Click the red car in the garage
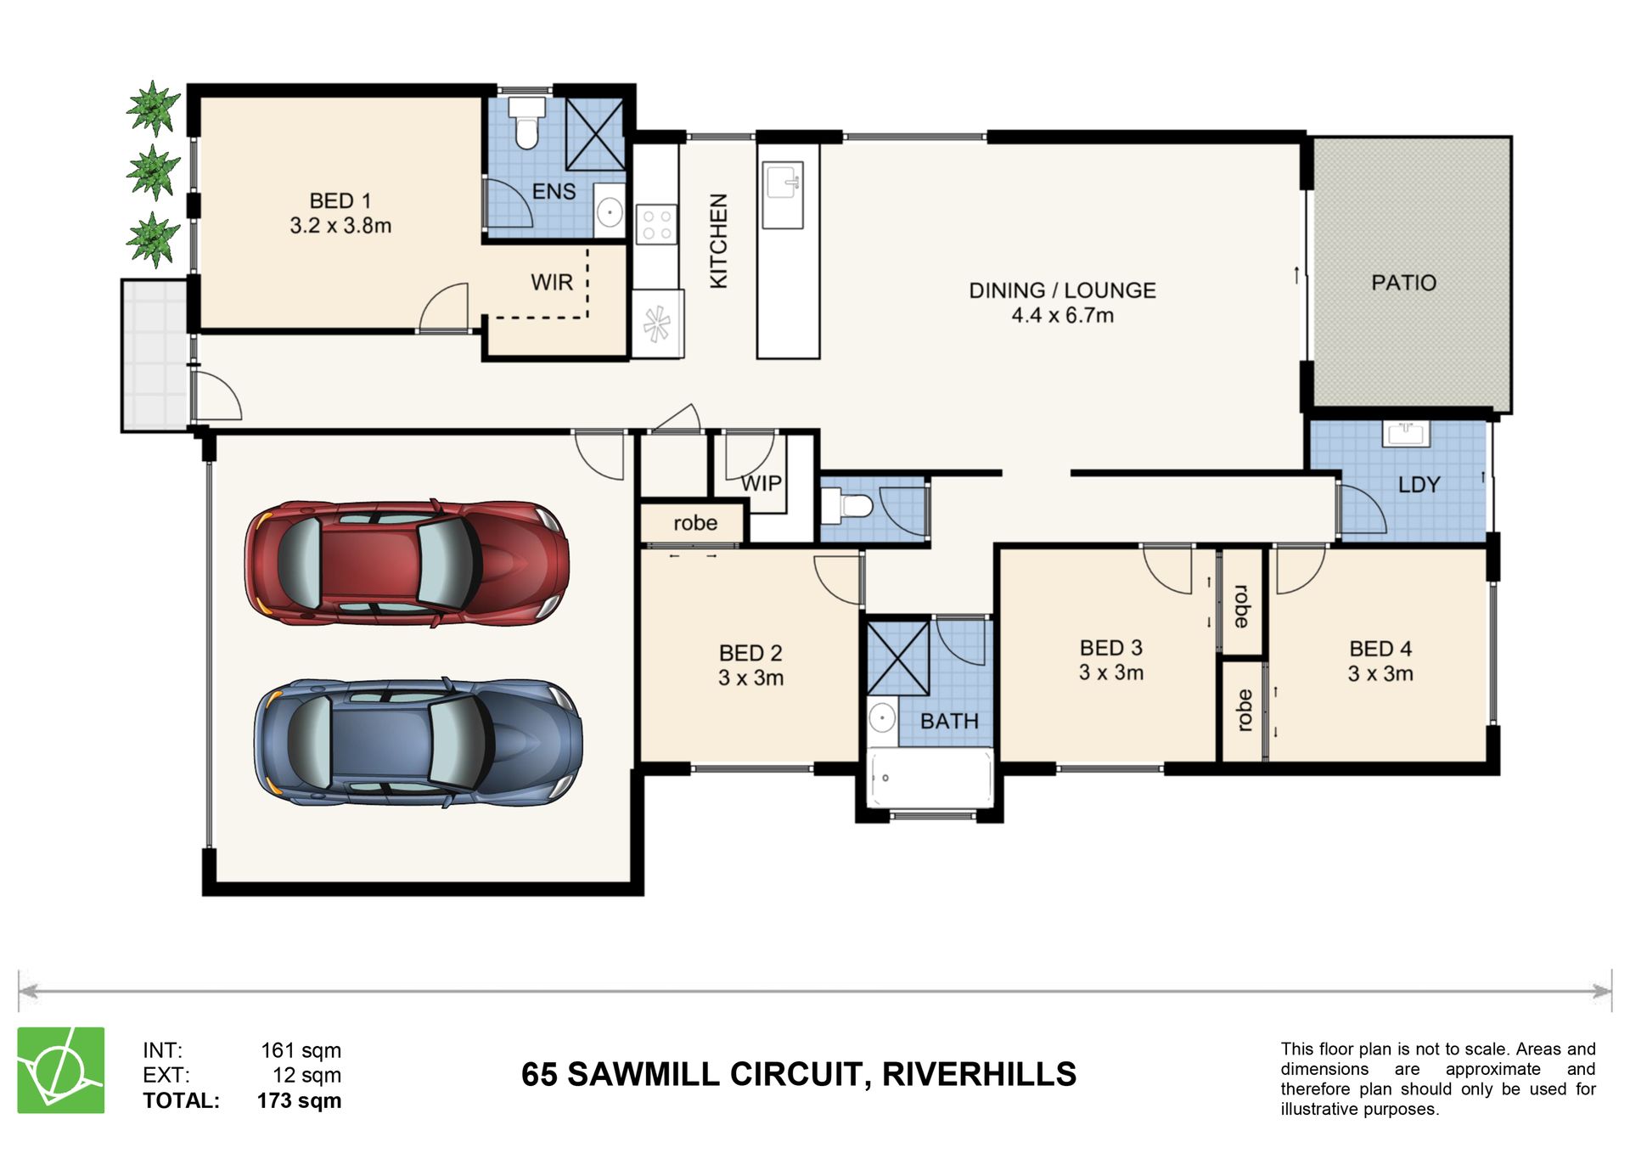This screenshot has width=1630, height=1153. (407, 563)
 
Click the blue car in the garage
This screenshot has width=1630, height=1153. (418, 742)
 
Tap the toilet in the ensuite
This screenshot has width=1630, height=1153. (527, 122)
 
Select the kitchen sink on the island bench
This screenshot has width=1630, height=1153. (782, 196)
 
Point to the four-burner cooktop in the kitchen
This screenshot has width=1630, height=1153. (656, 224)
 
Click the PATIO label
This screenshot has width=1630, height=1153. (1403, 283)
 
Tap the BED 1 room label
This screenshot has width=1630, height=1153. (340, 201)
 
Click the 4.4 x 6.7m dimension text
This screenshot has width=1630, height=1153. (1062, 316)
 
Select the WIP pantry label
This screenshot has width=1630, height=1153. (761, 483)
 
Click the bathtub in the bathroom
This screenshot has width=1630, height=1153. (930, 778)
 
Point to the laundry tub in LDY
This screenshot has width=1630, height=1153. (1406, 433)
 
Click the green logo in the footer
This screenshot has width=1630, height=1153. (61, 1070)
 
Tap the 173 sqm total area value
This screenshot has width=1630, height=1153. (299, 1100)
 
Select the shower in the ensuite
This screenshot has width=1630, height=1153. (595, 135)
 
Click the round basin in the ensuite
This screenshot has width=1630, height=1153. (609, 210)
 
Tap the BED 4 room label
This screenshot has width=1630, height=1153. (1380, 649)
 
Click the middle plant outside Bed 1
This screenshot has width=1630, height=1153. (153, 172)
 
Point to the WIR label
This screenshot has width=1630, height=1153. (552, 282)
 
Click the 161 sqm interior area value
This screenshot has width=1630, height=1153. (301, 1050)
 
